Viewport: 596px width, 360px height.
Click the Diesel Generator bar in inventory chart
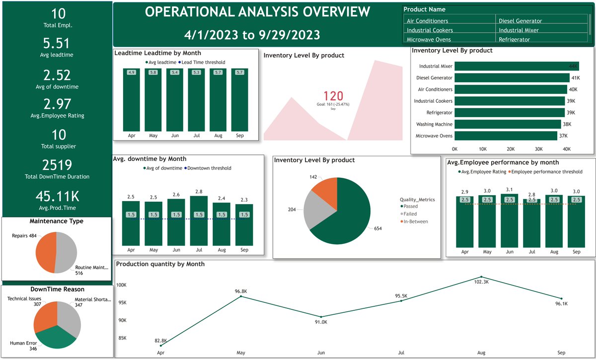512,78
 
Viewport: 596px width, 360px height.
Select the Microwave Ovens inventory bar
506,136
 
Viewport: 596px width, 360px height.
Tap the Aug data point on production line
481,277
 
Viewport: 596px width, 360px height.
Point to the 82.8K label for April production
160,341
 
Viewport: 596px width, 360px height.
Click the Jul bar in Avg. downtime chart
199,221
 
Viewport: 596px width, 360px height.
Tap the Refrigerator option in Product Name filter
514,40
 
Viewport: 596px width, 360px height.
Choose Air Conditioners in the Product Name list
427,21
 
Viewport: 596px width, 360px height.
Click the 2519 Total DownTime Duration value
57,165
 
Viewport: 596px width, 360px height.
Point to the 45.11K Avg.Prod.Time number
57,196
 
